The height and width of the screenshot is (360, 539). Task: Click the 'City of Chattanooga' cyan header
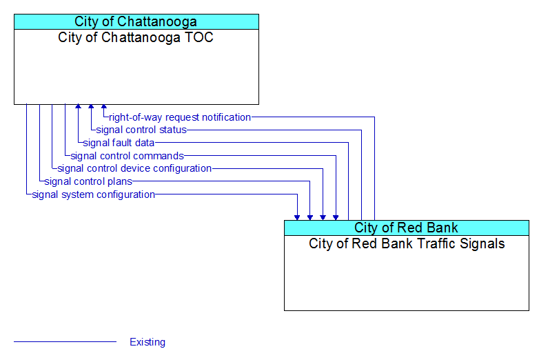136,21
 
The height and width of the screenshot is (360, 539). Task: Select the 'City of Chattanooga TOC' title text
135,37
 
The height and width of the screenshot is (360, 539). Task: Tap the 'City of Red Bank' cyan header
406,228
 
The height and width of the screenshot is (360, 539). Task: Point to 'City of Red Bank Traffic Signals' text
407,243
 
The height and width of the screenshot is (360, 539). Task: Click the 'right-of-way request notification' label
180,117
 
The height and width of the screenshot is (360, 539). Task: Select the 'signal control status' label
141,130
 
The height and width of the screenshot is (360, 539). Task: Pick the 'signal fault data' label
119,143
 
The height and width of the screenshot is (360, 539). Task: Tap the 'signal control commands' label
128,156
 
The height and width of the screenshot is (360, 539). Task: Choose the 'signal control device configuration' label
134,168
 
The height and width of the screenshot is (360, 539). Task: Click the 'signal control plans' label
88,181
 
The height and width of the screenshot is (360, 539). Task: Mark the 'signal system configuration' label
94,194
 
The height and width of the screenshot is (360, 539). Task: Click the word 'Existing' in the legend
148,342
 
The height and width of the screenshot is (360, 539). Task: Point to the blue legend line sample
65,342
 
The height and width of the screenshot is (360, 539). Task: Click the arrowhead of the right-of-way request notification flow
104,106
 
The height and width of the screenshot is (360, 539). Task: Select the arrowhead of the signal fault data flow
79,106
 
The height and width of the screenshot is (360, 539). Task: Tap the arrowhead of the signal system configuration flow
297,218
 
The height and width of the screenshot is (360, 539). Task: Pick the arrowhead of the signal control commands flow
336,218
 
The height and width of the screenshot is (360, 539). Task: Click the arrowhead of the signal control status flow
91,106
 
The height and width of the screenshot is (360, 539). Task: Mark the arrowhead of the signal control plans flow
310,218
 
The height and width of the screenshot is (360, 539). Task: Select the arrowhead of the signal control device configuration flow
323,218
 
